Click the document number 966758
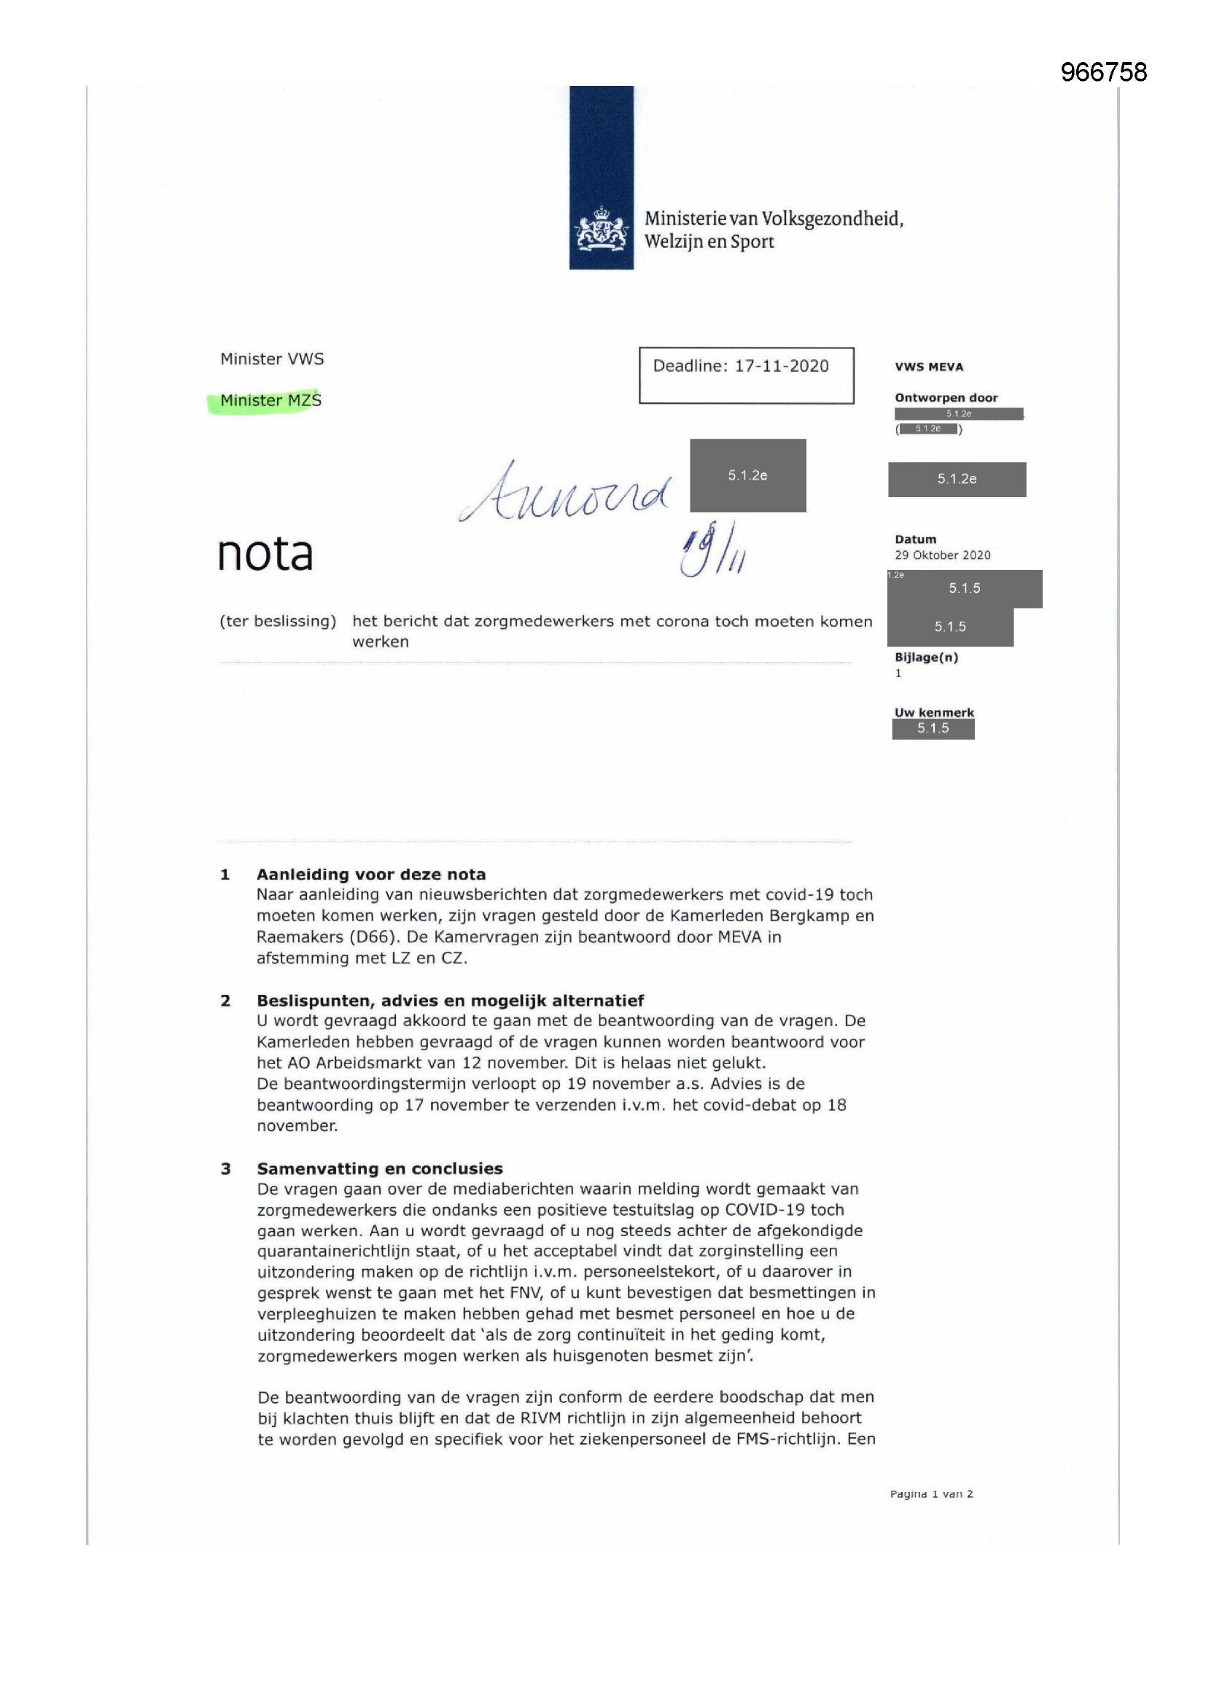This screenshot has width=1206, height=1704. click(1102, 72)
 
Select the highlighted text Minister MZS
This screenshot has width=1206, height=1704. click(271, 400)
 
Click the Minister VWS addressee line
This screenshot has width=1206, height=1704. click(272, 359)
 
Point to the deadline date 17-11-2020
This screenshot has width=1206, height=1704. click(781, 366)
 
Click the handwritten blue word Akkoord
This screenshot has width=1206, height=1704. click(564, 491)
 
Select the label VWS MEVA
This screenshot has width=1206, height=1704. click(928, 367)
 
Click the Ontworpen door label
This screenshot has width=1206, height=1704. click(946, 398)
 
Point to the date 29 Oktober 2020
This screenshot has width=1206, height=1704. click(941, 555)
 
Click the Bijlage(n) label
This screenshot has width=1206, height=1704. click(926, 657)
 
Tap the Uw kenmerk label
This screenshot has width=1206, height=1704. click(933, 713)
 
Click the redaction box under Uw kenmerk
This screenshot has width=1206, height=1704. click(933, 729)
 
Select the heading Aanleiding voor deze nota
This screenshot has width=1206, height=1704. click(370, 875)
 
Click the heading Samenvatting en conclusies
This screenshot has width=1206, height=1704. click(379, 1169)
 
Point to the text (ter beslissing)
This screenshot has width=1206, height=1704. click(278, 621)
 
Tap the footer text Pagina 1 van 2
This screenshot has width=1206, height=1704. click(930, 1494)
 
